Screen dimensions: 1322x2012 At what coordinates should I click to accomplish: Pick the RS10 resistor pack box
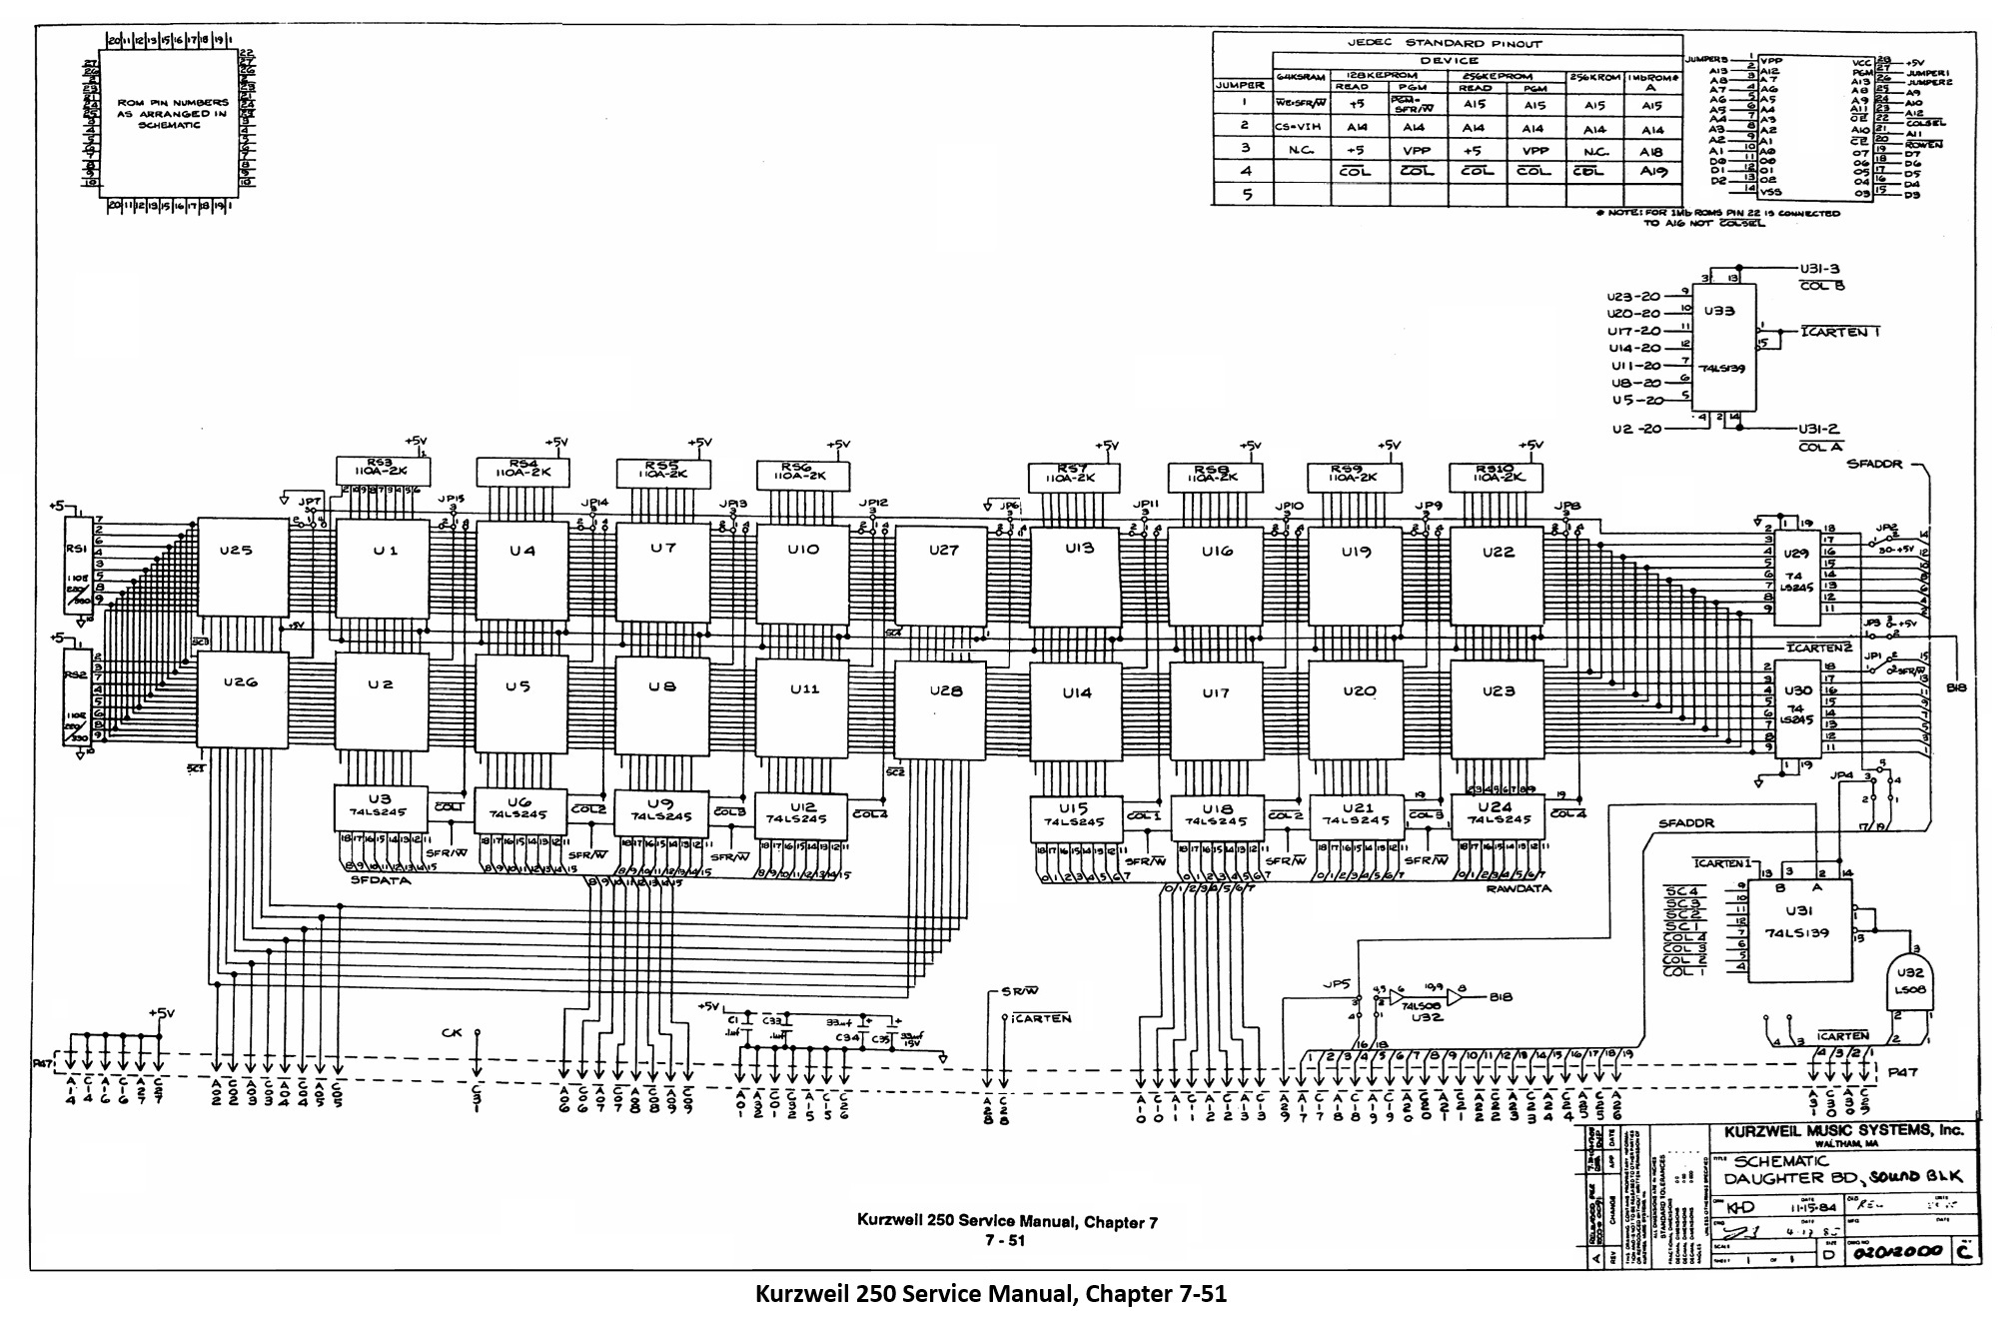point(1496,477)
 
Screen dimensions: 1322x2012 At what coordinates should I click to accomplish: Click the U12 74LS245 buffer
point(802,812)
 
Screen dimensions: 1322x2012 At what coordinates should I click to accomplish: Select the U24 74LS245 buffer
point(1496,812)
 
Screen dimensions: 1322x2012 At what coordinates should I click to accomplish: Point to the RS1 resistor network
point(78,563)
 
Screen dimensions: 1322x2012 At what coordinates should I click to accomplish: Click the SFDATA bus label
point(380,880)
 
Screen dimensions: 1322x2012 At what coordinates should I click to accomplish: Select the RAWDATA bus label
point(1517,888)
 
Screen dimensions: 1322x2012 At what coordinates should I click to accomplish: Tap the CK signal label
point(452,1032)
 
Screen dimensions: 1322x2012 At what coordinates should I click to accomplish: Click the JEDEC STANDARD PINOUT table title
point(1444,43)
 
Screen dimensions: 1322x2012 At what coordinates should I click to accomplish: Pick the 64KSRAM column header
point(1300,77)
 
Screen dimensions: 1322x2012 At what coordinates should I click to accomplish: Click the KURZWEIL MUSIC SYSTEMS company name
point(1843,1130)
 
